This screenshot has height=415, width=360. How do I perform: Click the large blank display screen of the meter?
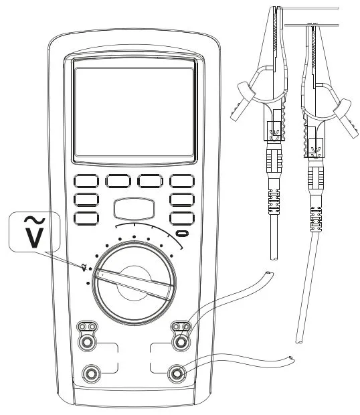pos(134,111)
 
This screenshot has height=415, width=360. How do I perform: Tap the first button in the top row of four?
pos(86,181)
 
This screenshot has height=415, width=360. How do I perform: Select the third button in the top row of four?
pos(150,181)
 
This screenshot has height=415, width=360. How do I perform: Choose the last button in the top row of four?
pos(182,181)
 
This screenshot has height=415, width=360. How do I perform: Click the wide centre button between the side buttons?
pos(134,209)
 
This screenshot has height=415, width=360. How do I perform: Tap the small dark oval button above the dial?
pos(182,234)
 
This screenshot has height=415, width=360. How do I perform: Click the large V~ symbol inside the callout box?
pos(34,232)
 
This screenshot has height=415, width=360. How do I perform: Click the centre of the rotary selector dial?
pos(134,284)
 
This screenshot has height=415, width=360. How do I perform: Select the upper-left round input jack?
pos(86,342)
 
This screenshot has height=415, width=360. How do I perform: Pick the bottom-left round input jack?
pos(91,373)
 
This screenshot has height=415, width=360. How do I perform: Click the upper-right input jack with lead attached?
pos(181,342)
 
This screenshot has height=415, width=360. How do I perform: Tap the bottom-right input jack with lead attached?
pos(177,373)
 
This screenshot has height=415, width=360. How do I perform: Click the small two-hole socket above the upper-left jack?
pos(87,327)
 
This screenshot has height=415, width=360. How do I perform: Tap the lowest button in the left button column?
pos(86,218)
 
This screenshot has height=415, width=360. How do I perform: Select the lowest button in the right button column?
pos(182,218)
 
